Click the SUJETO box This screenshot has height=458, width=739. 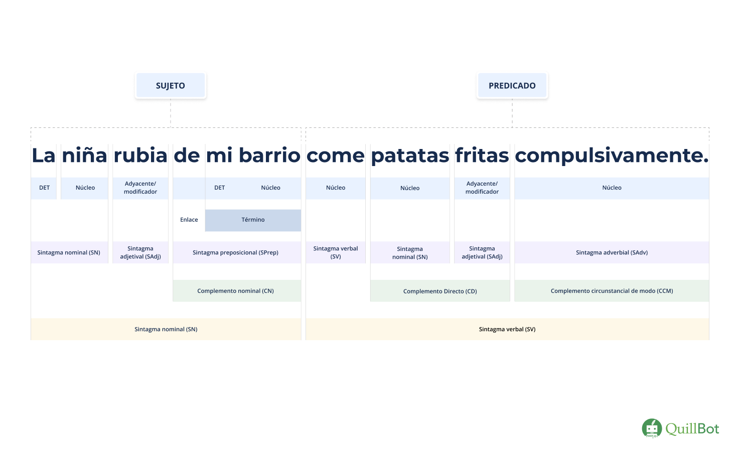(171, 85)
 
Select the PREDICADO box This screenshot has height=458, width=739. (512, 85)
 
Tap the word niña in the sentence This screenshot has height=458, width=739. (84, 155)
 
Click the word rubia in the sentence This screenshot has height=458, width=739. (140, 155)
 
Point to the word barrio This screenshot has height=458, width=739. (269, 155)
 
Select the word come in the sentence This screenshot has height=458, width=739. (336, 156)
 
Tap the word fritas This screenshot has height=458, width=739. (482, 155)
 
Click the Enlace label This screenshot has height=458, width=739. (189, 220)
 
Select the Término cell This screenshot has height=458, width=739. (253, 220)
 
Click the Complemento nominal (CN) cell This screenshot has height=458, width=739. (237, 291)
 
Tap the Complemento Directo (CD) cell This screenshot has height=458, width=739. (440, 291)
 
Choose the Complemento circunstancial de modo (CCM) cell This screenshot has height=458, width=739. (612, 291)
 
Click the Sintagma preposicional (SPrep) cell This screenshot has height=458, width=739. (237, 252)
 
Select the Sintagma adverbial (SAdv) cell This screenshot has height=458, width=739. (612, 252)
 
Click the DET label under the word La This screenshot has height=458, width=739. (44, 188)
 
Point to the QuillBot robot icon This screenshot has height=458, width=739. (652, 428)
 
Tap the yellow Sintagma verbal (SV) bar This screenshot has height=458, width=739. (507, 329)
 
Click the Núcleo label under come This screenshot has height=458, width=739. (336, 188)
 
